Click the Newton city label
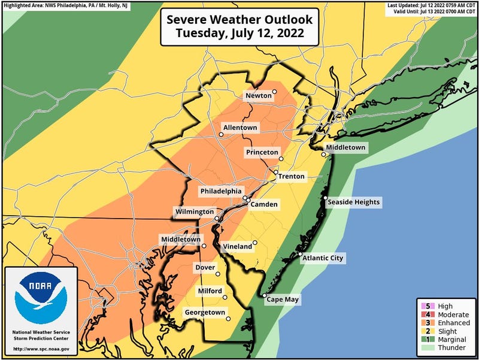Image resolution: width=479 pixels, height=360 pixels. pyautogui.click(x=257, y=96)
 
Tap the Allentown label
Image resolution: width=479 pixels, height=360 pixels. pyautogui.click(x=240, y=128)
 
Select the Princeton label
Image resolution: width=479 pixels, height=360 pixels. pyautogui.click(x=262, y=153)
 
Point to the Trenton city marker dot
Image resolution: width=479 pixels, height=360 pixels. pyautogui.click(x=276, y=173)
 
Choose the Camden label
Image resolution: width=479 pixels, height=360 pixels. pyautogui.click(x=264, y=205)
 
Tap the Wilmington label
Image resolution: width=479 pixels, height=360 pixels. pyautogui.click(x=194, y=212)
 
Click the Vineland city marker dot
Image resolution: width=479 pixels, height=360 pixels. pyautogui.click(x=255, y=243)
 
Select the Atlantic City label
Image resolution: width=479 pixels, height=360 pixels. pyautogui.click(x=323, y=258)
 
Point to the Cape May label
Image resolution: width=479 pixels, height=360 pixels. pyautogui.click(x=283, y=300)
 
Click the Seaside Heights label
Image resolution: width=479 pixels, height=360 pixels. pyautogui.click(x=353, y=202)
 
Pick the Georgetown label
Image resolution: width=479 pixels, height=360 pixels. pyautogui.click(x=205, y=313)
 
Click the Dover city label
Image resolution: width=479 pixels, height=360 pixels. pyautogui.click(x=205, y=268)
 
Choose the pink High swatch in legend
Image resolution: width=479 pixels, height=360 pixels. pyautogui.click(x=429, y=306)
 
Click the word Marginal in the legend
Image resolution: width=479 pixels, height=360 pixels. pyautogui.click(x=453, y=340)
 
